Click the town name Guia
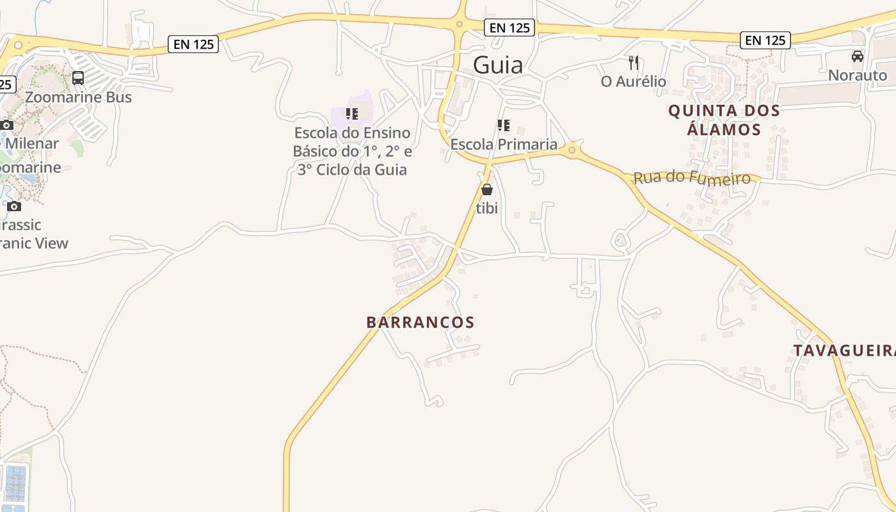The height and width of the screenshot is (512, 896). tap(498, 65)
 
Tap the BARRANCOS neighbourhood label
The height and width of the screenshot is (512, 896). tap(420, 322)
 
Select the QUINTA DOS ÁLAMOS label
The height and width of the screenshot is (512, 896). tap(724, 120)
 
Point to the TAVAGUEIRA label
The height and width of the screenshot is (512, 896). tap(844, 351)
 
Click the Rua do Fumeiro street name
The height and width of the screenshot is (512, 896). tap(691, 177)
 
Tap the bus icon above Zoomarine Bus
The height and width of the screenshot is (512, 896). tap(78, 78)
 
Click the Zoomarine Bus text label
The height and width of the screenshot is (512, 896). tap(78, 97)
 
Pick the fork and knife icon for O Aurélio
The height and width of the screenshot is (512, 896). tap(634, 63)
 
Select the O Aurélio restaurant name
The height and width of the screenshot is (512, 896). tap(634, 81)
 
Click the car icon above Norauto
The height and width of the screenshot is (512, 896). tap(858, 56)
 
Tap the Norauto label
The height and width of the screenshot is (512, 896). tap(858, 75)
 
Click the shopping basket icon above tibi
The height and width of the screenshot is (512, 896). tap(487, 189)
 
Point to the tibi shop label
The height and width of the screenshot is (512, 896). tap(487, 208)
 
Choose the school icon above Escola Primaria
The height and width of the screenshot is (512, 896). tap(504, 125)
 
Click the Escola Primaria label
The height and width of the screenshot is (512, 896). tap(504, 144)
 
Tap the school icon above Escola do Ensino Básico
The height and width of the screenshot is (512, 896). tap(351, 114)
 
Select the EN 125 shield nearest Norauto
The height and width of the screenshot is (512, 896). tap(765, 40)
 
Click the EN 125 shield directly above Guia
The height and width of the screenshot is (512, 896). tap(509, 28)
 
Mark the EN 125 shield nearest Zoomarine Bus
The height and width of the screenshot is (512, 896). tap(194, 44)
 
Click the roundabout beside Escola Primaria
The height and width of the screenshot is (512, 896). tap(572, 150)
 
